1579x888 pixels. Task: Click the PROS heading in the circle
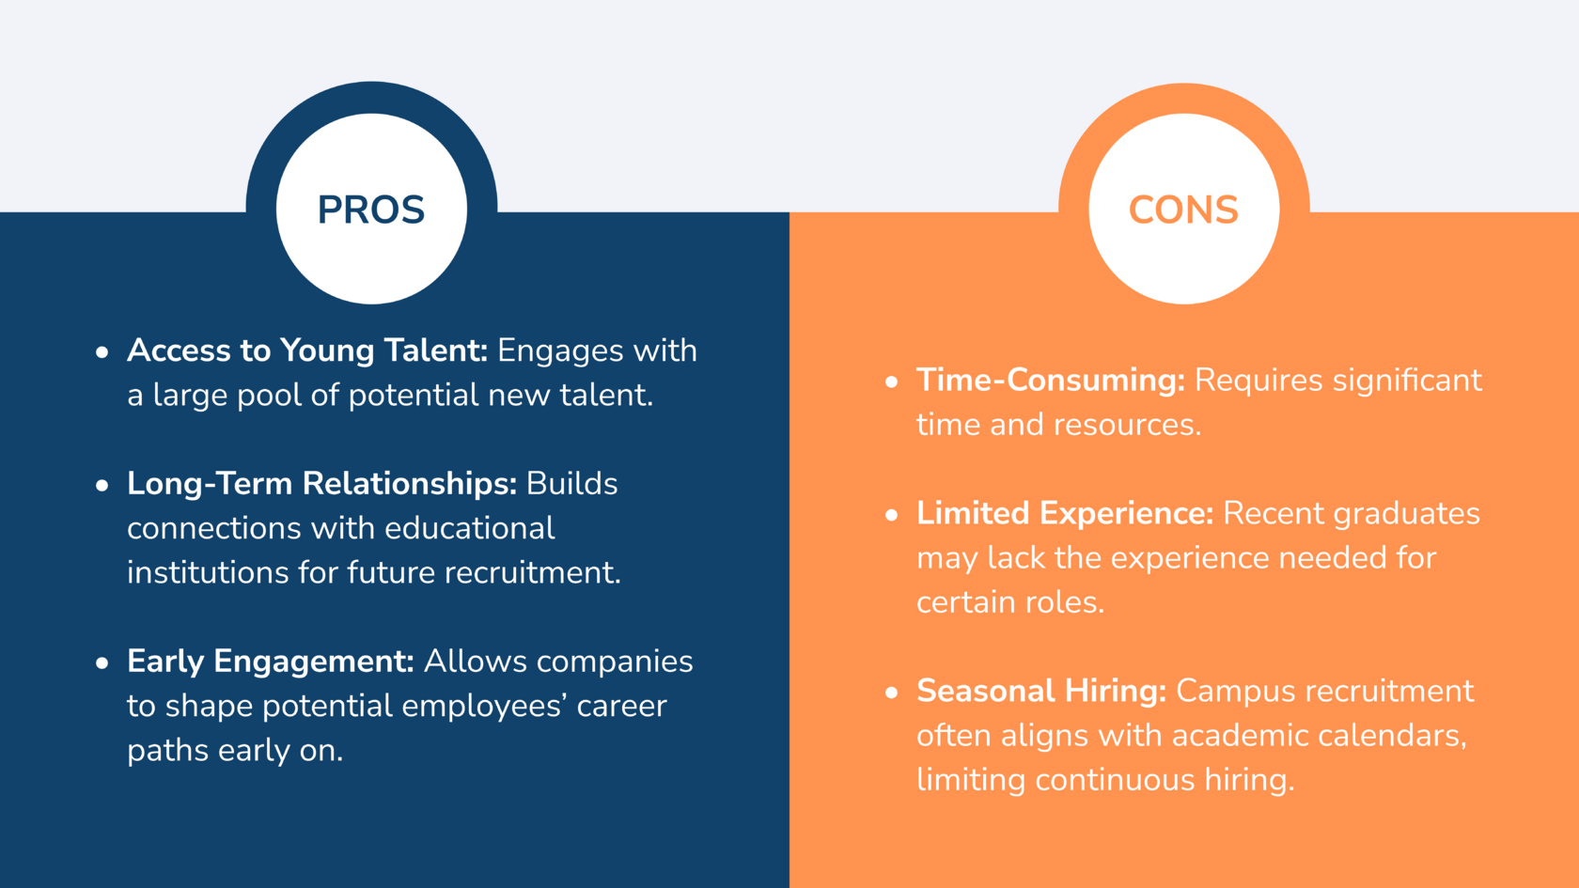[371, 210]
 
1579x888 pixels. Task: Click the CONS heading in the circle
[1183, 210]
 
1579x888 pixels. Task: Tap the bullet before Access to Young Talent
[102, 351]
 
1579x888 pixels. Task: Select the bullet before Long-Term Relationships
[102, 485]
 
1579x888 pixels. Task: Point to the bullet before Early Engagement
[102, 662]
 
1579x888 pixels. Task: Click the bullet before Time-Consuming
[892, 382]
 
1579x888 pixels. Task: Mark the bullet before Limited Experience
[892, 515]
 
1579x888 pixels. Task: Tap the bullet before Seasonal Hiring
[892, 693]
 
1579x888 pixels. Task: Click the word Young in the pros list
[326, 351]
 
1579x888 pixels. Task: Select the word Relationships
[410, 484]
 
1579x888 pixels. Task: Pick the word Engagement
[314, 662]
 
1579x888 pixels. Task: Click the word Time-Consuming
[1051, 381]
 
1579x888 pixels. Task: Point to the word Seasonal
[985, 691]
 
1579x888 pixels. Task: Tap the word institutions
[207, 572]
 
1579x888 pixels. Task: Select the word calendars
[1392, 736]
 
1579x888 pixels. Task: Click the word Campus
[1236, 692]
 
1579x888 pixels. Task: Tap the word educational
[470, 528]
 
